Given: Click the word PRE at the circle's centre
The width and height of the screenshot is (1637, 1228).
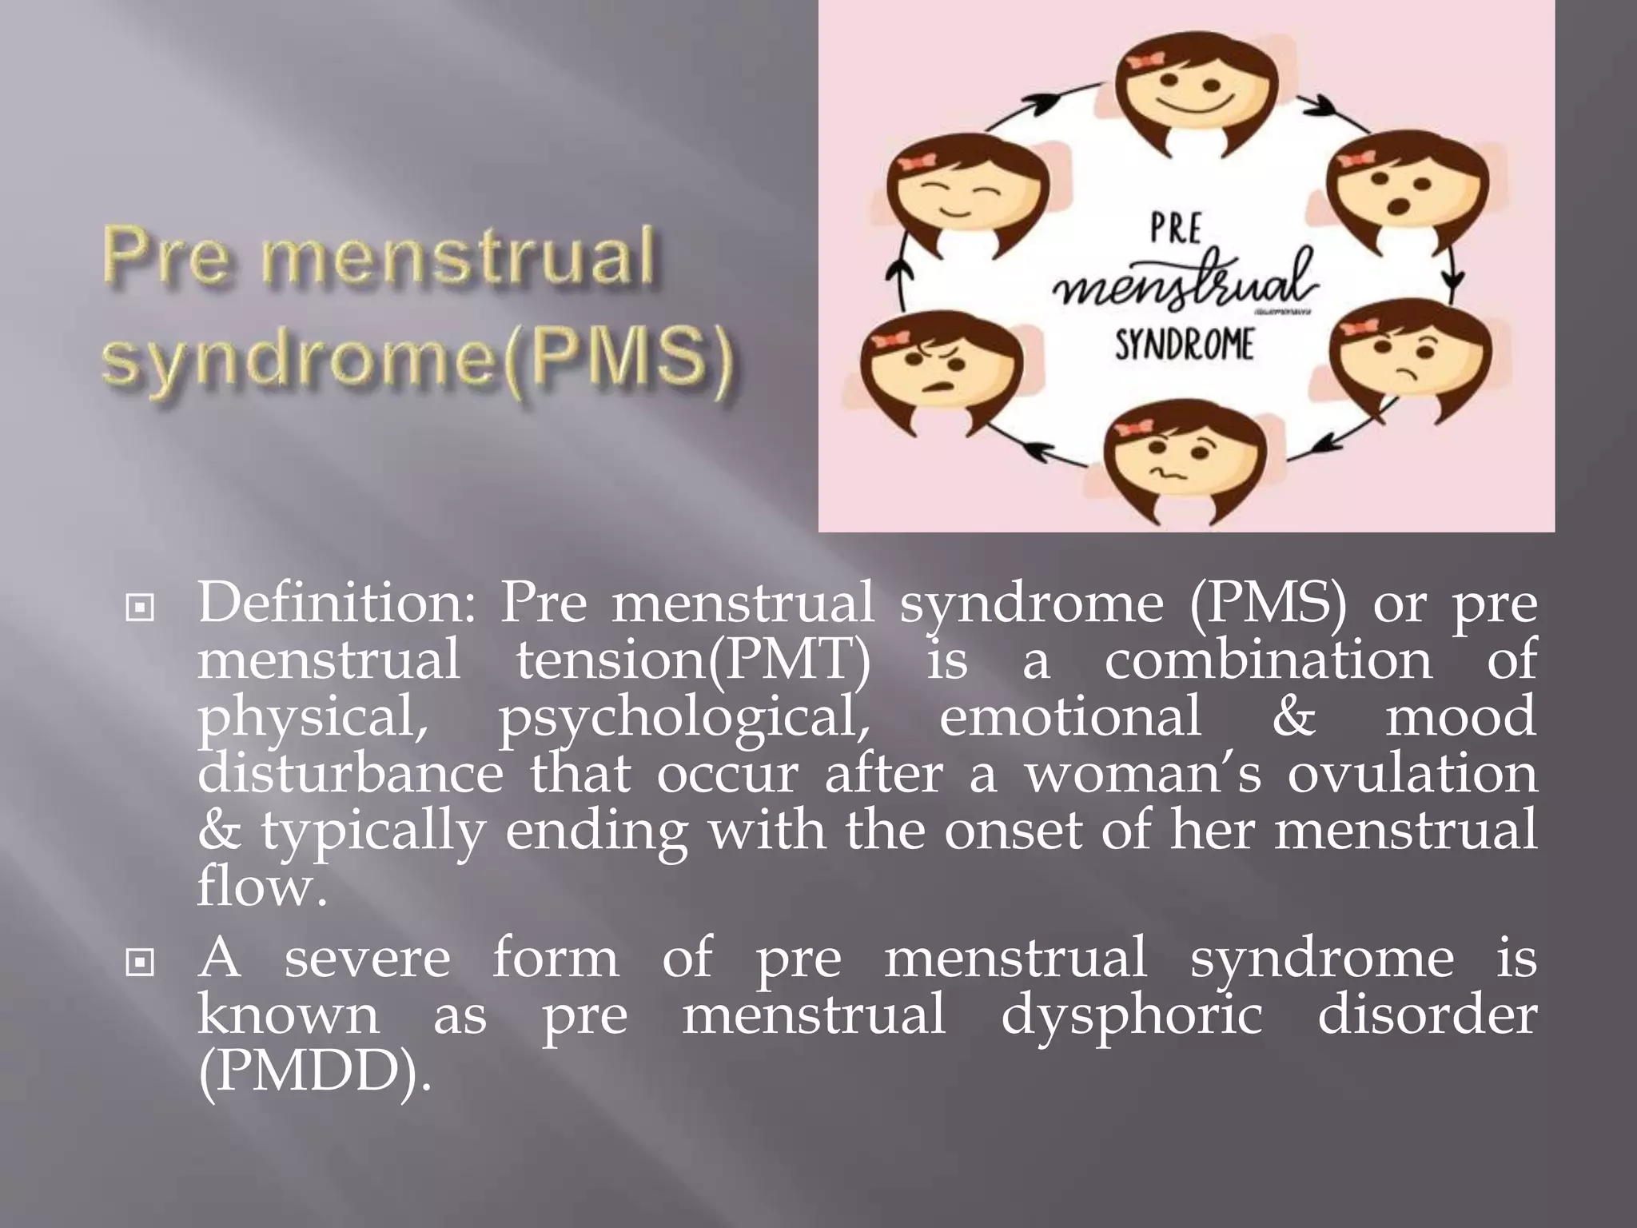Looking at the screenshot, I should (1176, 229).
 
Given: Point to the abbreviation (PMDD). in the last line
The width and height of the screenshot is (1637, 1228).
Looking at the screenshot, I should (314, 1071).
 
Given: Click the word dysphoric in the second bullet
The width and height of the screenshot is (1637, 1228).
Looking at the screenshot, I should (1132, 1015).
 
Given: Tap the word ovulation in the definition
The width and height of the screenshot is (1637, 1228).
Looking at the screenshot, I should (1412, 774).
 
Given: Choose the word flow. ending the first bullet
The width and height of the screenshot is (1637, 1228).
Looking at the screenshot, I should (262, 887).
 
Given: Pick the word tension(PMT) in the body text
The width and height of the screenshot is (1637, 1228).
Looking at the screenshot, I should (693, 660).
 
